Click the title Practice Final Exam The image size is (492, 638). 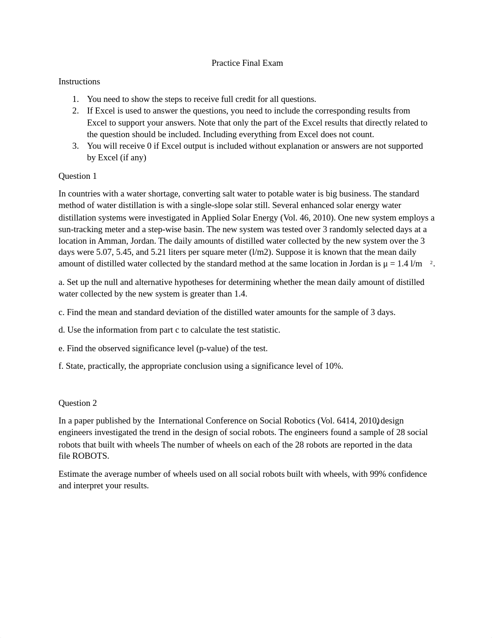pos(247,63)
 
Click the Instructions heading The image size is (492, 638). pos(79,82)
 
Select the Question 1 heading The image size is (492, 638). pos(77,176)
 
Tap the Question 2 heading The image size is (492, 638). pos(77,403)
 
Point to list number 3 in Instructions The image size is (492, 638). pos(76,146)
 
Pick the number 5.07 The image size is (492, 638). pos(104,253)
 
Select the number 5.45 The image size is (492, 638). pos(124,253)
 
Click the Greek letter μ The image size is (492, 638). pos(385,264)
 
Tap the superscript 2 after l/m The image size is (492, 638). pos(431,263)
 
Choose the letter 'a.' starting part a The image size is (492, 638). pos(61,282)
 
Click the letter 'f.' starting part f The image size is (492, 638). pos(61,366)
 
